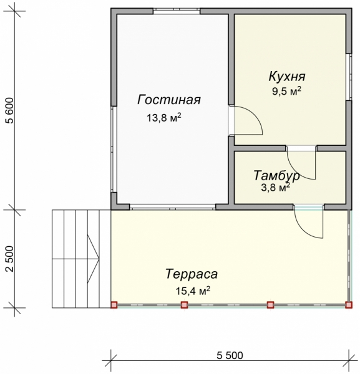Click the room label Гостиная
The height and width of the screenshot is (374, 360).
(170, 100)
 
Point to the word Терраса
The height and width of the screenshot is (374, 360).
(191, 273)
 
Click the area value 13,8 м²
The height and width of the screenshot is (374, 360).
(164, 117)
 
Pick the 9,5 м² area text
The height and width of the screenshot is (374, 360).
(286, 91)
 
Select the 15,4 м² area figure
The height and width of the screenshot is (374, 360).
(192, 290)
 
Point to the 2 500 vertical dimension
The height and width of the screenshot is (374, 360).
(9, 259)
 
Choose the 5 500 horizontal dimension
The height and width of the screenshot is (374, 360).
(230, 356)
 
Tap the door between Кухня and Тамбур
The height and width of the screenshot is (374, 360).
(303, 163)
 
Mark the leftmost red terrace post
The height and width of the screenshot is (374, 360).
(114, 305)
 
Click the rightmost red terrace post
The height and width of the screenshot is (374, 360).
(348, 305)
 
